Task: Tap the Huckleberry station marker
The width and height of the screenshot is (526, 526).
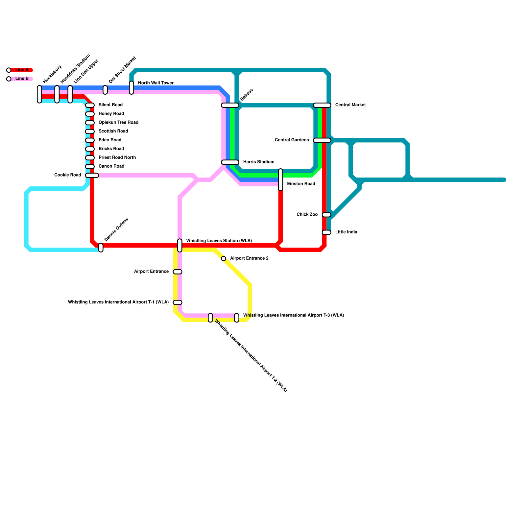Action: (39, 94)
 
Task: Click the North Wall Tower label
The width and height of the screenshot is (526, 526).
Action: (155, 83)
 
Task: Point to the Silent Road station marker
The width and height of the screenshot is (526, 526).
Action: (90, 105)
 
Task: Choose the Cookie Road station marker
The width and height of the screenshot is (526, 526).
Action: (92, 175)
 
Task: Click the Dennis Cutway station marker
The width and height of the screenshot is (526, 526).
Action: (101, 248)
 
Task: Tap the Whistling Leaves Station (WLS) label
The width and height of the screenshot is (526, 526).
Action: (219, 241)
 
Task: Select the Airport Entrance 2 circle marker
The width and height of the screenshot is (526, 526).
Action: (224, 259)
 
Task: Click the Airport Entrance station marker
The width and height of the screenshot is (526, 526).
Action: (178, 272)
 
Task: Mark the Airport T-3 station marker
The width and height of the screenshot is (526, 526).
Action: (237, 318)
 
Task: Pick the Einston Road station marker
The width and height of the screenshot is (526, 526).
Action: (280, 179)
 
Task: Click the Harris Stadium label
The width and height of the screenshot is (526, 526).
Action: (259, 162)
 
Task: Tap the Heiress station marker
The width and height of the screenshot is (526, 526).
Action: (230, 105)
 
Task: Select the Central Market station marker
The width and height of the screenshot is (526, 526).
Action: (322, 105)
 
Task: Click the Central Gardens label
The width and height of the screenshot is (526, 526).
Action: (292, 140)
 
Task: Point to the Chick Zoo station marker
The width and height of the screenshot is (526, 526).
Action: (326, 215)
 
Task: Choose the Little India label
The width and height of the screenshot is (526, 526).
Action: (346, 232)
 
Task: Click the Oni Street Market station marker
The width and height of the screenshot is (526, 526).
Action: (105, 90)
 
